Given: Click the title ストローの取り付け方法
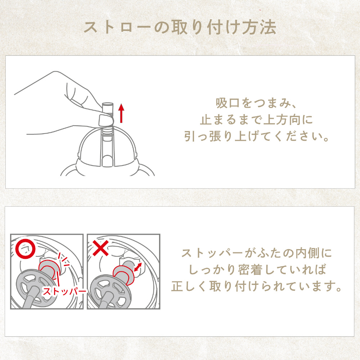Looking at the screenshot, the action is (x=180, y=28).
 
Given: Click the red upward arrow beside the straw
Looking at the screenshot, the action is (x=121, y=113).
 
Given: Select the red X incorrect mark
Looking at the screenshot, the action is (x=100, y=248).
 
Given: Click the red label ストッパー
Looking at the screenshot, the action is (x=64, y=291).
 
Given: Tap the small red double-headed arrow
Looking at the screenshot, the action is (x=138, y=267).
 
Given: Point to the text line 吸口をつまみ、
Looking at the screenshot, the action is (x=256, y=103).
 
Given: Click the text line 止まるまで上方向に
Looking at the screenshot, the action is (x=256, y=120).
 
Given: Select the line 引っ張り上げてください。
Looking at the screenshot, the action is (x=256, y=136).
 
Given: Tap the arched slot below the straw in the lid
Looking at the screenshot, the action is (x=107, y=160).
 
